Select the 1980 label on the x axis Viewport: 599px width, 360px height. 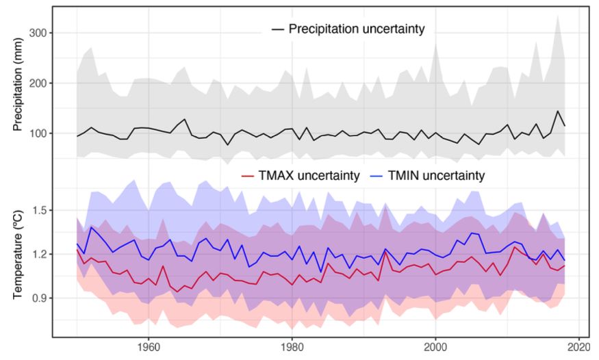tap(292, 346)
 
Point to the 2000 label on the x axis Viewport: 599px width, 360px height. tap(435, 346)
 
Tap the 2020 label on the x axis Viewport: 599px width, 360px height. tap(578, 346)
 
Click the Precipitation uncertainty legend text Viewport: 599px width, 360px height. tap(357, 29)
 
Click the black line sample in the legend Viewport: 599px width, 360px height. tap(278, 29)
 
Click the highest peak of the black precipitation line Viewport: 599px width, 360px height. tap(557, 111)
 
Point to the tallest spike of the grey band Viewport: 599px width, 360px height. tap(558, 16)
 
